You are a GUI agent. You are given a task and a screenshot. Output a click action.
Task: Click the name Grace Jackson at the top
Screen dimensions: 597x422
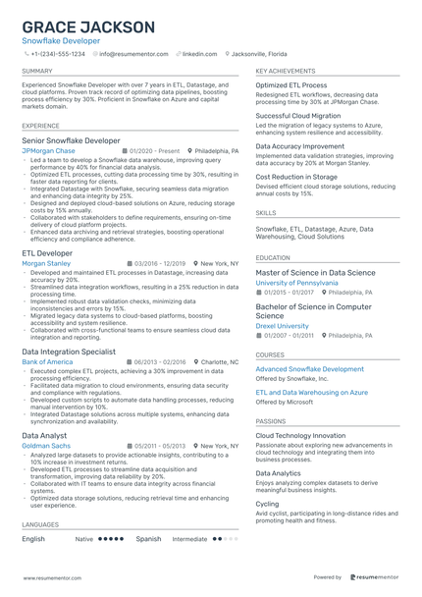pyautogui.click(x=88, y=27)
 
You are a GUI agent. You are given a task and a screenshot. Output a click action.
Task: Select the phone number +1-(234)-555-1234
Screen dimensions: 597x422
pyautogui.click(x=57, y=54)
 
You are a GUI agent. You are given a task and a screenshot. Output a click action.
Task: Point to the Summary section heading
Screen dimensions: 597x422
pyautogui.click(x=37, y=72)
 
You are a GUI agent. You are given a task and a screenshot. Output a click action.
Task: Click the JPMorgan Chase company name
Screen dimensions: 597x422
pyautogui.click(x=48, y=151)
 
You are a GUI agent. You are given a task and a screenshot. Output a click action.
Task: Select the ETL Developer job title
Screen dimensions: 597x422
pyautogui.click(x=47, y=253)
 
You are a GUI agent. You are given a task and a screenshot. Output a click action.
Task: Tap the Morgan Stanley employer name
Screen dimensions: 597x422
pyautogui.click(x=46, y=263)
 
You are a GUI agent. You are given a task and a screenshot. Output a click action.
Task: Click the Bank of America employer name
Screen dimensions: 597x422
pyautogui.click(x=47, y=361)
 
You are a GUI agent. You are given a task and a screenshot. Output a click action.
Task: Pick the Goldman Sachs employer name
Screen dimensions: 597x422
pyautogui.click(x=45, y=445)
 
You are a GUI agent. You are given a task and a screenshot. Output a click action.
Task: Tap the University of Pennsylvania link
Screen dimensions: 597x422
pyautogui.click(x=296, y=283)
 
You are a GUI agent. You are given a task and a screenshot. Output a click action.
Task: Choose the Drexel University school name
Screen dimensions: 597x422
pyautogui.click(x=284, y=326)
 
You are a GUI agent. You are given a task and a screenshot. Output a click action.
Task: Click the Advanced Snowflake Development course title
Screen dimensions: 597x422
pyautogui.click(x=309, y=369)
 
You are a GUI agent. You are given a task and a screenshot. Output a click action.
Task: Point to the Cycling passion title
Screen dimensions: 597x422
pyautogui.click(x=268, y=504)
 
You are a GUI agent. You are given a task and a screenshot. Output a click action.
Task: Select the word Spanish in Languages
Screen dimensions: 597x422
pyautogui.click(x=148, y=539)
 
